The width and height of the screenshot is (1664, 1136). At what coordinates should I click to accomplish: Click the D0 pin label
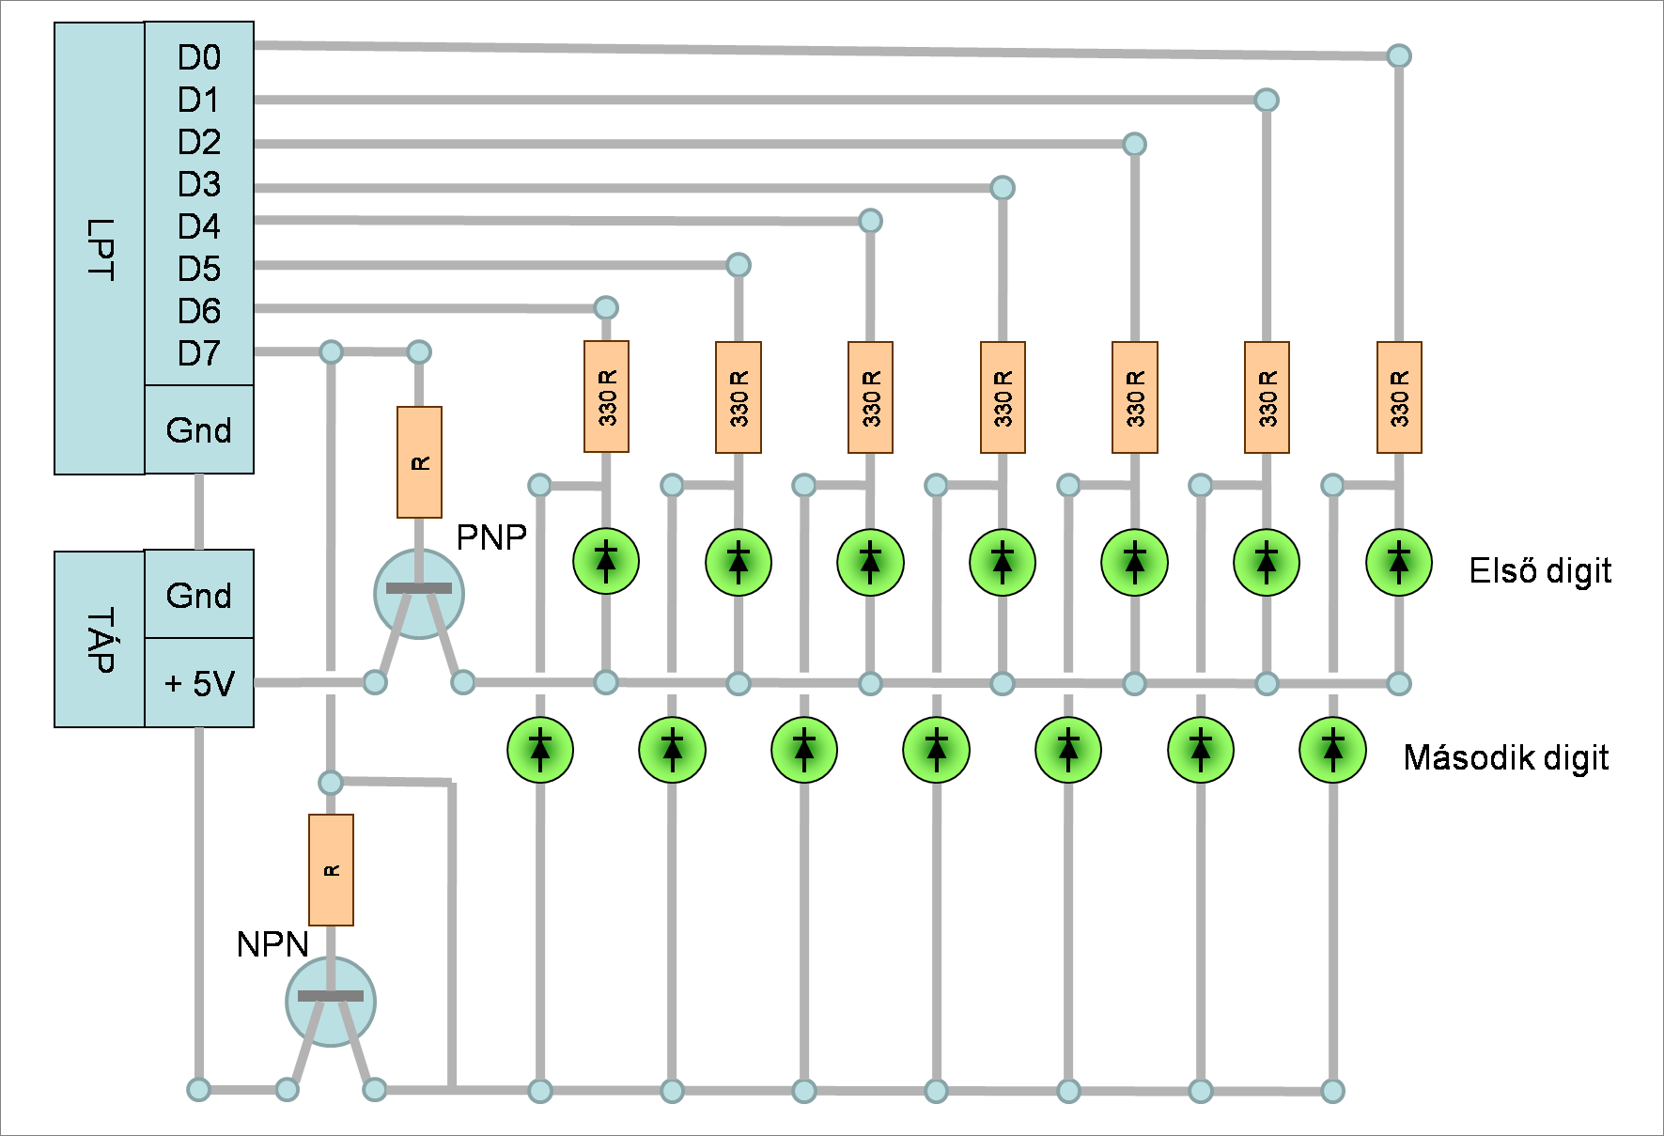[199, 58]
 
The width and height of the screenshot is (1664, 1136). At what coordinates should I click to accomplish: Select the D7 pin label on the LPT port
[199, 354]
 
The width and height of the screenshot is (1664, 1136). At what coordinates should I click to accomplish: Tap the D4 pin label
[199, 227]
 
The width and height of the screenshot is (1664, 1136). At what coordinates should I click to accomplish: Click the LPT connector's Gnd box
[199, 430]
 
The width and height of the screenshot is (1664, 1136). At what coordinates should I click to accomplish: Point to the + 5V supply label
[199, 683]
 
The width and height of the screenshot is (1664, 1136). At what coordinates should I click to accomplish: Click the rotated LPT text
[100, 249]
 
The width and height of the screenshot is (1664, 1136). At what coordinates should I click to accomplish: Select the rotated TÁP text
[100, 640]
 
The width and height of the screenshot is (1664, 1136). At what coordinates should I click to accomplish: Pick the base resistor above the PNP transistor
[419, 462]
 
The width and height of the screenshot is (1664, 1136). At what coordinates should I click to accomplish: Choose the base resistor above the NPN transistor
[331, 870]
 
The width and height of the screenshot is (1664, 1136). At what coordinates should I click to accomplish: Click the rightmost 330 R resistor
[1399, 397]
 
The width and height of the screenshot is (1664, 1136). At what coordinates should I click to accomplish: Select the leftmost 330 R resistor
[606, 397]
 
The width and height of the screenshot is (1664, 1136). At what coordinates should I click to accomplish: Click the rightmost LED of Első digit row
[1399, 563]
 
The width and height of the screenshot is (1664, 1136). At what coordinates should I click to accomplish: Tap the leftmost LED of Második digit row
[540, 750]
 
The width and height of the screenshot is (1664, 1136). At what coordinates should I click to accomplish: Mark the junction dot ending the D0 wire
[1399, 56]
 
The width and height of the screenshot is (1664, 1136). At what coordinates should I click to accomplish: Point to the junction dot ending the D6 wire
[606, 307]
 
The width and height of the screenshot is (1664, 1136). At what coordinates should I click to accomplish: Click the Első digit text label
[1540, 571]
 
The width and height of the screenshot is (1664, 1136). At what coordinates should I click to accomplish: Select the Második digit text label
[1505, 757]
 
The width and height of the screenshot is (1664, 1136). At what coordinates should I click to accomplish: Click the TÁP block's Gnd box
[199, 596]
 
